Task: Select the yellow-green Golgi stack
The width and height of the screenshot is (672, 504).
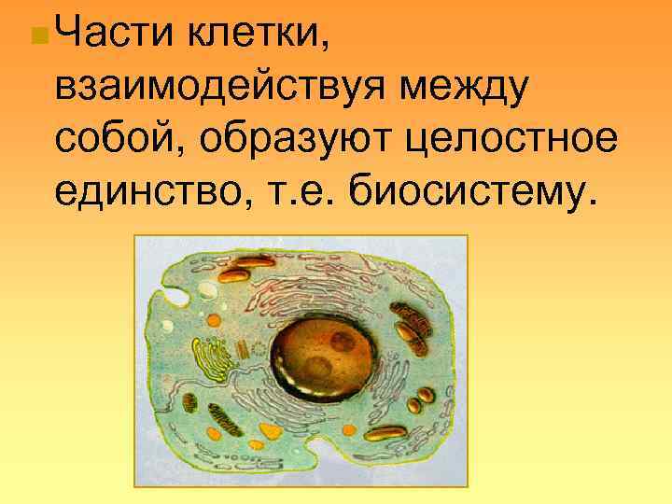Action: [x=212, y=360]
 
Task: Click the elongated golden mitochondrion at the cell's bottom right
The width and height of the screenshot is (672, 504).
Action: [x=385, y=433]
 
